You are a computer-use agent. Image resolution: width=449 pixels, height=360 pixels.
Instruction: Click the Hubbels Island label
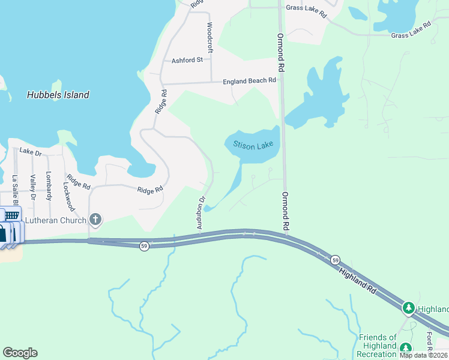pos(58,95)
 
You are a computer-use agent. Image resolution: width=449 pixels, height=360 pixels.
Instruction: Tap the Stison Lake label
pos(253,146)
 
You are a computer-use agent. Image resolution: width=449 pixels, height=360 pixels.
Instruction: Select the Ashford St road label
pos(187,60)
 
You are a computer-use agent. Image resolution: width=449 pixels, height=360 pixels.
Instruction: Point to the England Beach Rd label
pos(249,80)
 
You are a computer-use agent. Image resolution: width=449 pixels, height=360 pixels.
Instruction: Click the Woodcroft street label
pos(209,38)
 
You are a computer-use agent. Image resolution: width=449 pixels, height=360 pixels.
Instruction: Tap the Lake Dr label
pos(30,152)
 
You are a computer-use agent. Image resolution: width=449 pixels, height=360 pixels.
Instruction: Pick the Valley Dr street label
pos(33,188)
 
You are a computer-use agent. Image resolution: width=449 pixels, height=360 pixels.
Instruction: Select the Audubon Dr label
pos(201,212)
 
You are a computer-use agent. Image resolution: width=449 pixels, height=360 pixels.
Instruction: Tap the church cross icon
pos(95,219)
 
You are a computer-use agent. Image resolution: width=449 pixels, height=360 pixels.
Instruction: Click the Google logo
pos(20,353)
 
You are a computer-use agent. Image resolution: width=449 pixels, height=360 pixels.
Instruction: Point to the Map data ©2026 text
pos(424,355)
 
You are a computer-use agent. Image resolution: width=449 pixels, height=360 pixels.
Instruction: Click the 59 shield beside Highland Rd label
pos(335,260)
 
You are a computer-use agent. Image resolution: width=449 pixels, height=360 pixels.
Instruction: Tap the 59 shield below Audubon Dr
pos(144,246)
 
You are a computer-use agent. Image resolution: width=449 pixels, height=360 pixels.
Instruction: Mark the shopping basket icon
pos(11,215)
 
